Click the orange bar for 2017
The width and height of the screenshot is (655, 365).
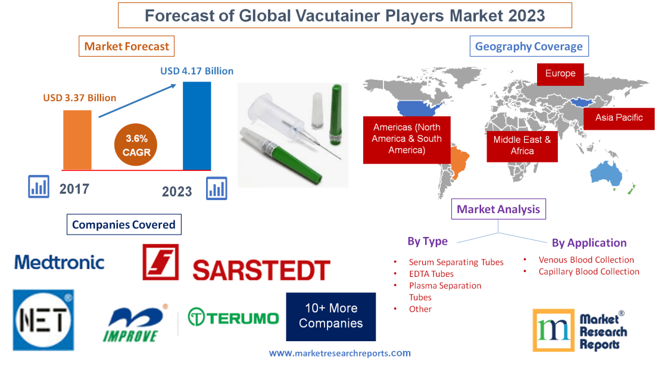[x=77, y=140]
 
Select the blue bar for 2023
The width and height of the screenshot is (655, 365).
[x=196, y=126]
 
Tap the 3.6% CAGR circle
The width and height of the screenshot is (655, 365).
[x=136, y=145]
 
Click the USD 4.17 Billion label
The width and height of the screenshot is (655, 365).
[x=196, y=71]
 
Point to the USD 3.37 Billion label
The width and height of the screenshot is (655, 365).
[x=79, y=98]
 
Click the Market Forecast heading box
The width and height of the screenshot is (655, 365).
[x=126, y=46]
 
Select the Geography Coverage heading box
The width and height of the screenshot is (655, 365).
[x=529, y=46]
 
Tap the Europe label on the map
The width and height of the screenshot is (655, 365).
[x=560, y=74]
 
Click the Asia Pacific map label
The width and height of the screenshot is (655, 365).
[x=619, y=118]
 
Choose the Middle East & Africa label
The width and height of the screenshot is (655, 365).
[x=522, y=145]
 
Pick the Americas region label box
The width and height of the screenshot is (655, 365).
[x=407, y=139]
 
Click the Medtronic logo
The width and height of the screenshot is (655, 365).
[x=60, y=262]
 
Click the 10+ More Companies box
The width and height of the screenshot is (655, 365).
[x=330, y=316]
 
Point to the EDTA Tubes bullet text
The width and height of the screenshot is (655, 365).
[x=431, y=274]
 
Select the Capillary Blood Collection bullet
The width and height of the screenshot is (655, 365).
[x=588, y=272]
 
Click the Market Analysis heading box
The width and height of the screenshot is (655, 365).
[x=498, y=209]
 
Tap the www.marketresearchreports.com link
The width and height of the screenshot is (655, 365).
[x=339, y=353]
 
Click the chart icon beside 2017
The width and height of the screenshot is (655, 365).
[x=39, y=186]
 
